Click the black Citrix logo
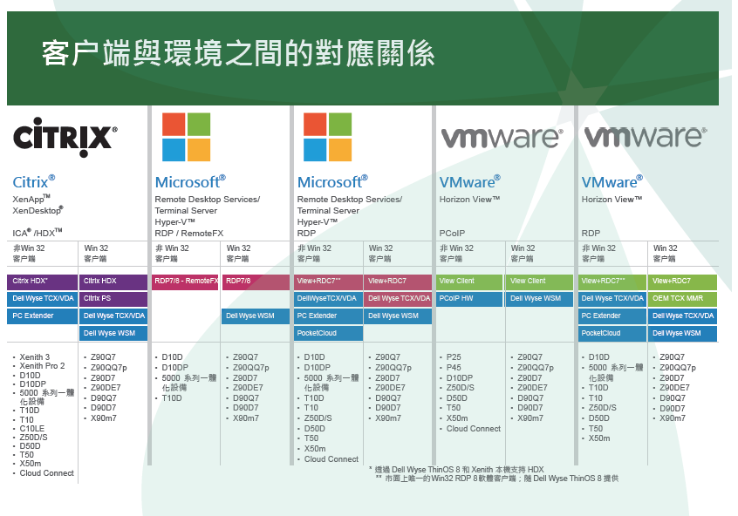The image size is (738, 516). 65,137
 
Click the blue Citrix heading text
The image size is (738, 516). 34,181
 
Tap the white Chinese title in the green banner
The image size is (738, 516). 238,53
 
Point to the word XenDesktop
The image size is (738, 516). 38,210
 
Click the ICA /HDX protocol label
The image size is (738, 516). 38,233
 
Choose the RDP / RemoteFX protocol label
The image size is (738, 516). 189,234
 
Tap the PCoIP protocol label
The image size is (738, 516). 452,234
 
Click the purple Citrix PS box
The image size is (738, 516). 113,299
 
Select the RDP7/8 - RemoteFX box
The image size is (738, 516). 185,282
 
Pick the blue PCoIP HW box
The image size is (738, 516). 469,299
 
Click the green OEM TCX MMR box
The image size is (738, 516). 683,299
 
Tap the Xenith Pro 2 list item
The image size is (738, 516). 42,366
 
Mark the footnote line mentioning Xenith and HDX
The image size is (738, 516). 456,470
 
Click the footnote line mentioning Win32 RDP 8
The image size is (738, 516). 497,479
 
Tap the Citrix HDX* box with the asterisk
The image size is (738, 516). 43,282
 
